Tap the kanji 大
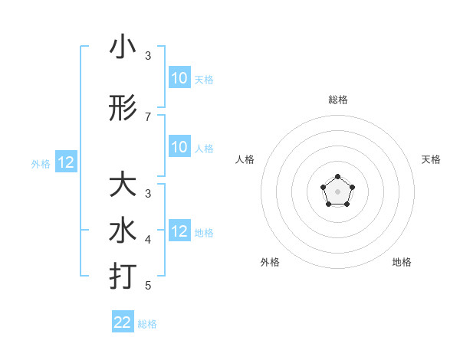tap(123, 185)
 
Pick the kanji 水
tap(123, 231)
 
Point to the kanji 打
tap(123, 275)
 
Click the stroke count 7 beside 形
tap(148, 116)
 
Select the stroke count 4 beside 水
tap(148, 240)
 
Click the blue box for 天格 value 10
tap(179, 78)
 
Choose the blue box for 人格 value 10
tap(179, 147)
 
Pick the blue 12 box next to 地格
tap(179, 231)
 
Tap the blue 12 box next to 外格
tap(66, 162)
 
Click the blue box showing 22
tap(123, 322)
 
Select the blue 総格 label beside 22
tap(147, 324)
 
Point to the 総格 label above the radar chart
tap(337, 100)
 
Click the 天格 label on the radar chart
tap(431, 159)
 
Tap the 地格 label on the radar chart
tap(402, 262)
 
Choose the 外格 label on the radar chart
tap(270, 262)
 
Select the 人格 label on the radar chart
tap(245, 159)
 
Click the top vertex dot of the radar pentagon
tap(337, 178)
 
